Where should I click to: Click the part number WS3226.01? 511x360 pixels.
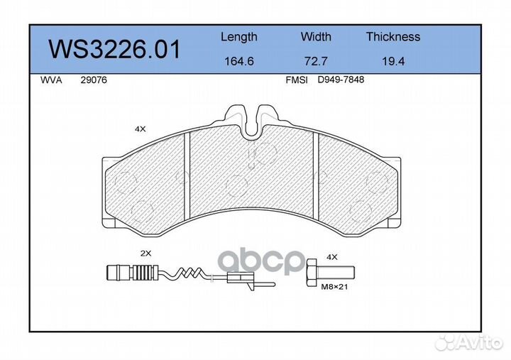(x=114, y=50)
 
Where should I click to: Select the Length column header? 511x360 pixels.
(x=238, y=37)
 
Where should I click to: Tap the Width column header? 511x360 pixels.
(x=316, y=37)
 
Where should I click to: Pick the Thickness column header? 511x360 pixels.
(x=392, y=37)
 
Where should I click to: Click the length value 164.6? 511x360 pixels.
(x=238, y=62)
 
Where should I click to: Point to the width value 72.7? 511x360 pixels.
(x=316, y=62)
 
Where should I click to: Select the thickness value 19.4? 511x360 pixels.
(x=392, y=62)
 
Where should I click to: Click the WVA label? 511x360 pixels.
(x=51, y=80)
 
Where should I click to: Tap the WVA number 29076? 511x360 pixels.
(x=94, y=80)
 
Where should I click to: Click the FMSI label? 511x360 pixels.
(x=296, y=80)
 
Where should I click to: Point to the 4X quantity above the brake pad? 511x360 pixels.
(x=140, y=129)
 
